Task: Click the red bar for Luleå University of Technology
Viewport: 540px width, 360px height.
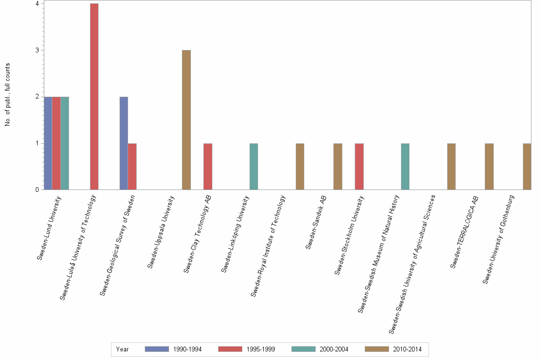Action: [94, 97]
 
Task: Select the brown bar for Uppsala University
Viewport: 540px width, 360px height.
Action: [186, 120]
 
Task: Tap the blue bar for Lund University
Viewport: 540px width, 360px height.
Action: [48, 143]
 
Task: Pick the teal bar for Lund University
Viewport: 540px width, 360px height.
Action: [65, 143]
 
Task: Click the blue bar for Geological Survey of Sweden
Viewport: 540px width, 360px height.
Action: [124, 143]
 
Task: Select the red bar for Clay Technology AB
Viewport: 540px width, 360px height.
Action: [208, 166]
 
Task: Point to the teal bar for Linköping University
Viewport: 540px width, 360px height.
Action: [254, 166]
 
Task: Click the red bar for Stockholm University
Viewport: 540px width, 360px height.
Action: [359, 166]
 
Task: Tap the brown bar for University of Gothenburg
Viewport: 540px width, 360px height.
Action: [527, 166]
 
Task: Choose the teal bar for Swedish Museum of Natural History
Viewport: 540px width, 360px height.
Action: [405, 166]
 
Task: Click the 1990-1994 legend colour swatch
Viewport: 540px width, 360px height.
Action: [157, 349]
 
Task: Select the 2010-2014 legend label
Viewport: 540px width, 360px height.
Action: [407, 349]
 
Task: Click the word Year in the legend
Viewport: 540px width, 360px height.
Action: [122, 349]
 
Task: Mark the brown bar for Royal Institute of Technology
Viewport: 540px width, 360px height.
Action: [300, 166]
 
